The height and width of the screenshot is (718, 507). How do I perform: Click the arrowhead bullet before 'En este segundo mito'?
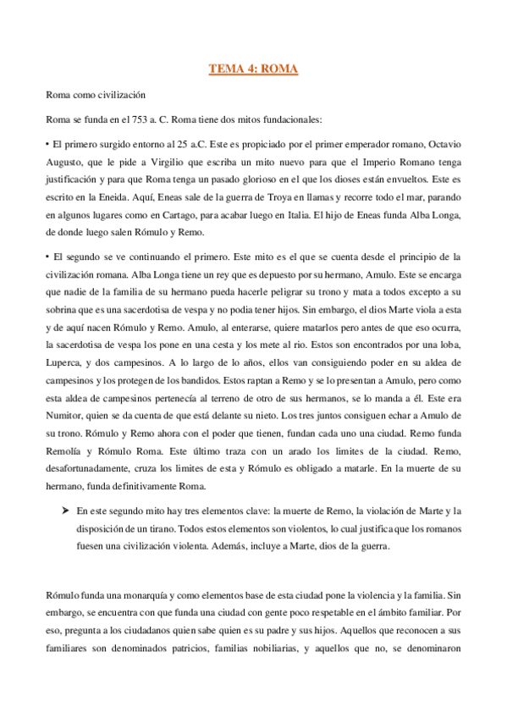[63, 511]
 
